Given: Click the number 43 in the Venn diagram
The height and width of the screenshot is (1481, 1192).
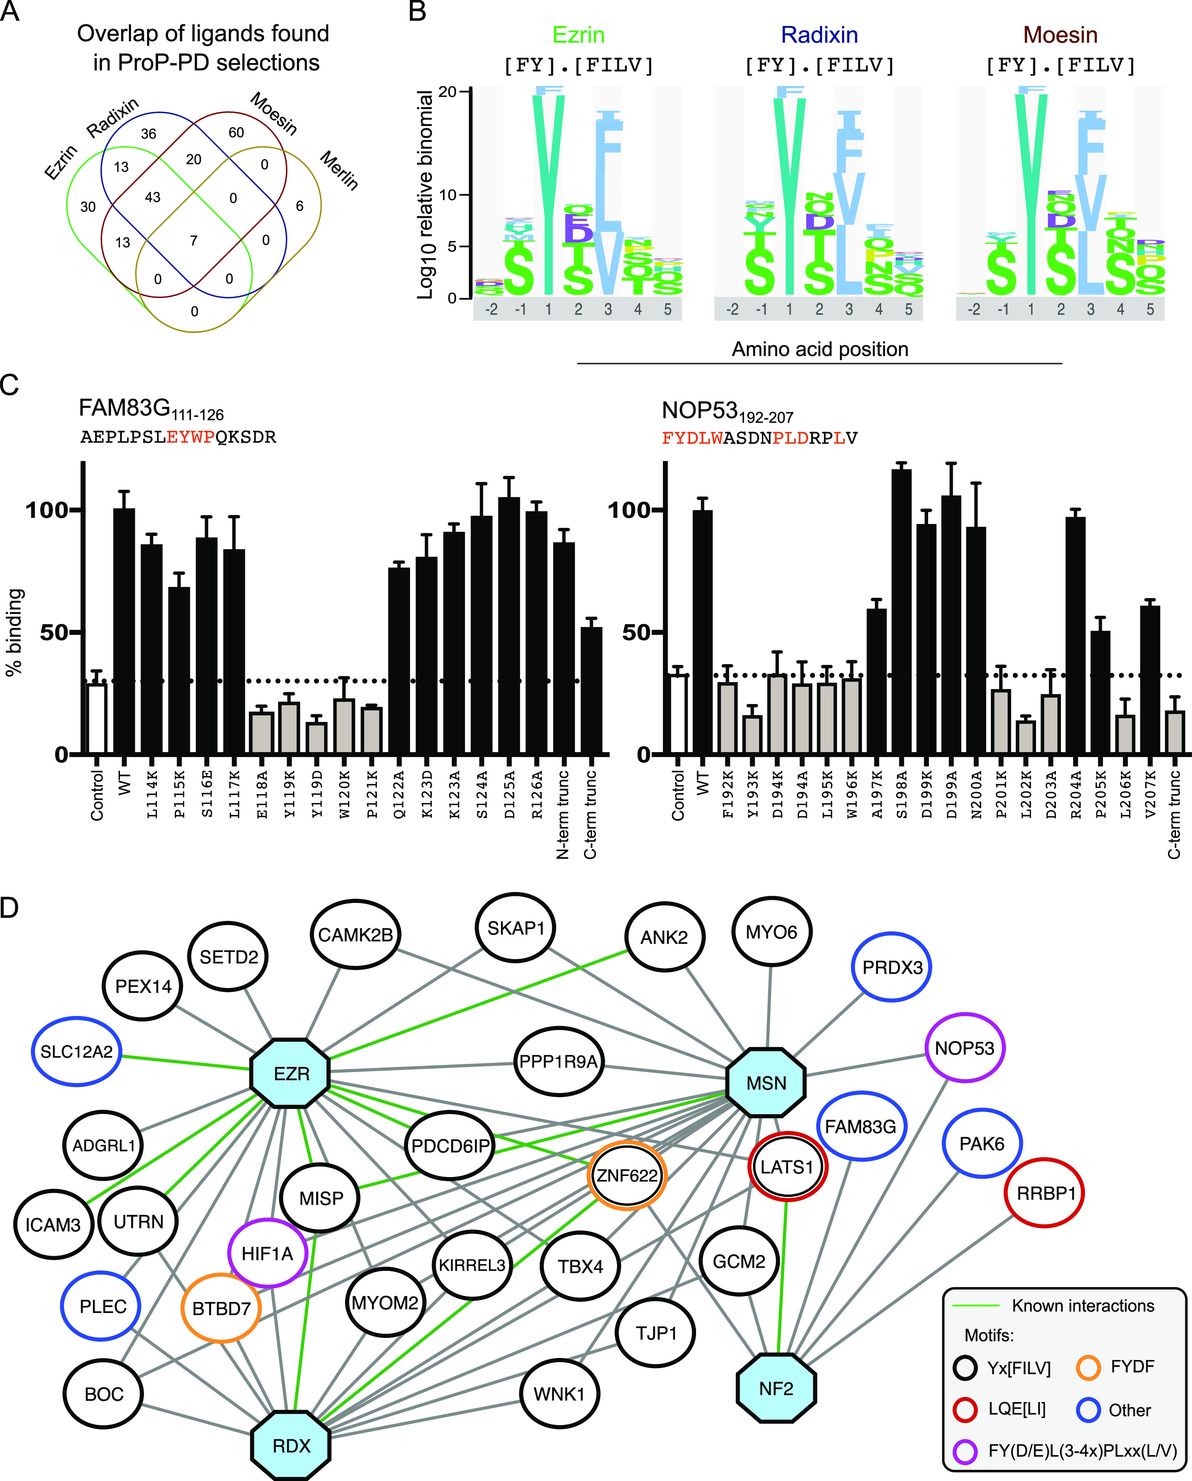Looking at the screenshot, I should [152, 197].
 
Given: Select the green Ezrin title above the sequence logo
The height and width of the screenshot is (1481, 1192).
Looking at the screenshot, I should [579, 35].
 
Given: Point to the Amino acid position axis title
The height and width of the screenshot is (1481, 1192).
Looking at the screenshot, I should [820, 350].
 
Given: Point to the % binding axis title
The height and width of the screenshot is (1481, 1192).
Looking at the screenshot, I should [15, 632].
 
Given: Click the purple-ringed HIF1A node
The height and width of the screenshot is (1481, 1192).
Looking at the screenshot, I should [267, 1254].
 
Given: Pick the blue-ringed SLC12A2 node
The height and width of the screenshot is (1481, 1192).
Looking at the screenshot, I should [76, 1052].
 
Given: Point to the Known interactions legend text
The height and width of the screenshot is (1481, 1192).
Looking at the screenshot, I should [1083, 1306].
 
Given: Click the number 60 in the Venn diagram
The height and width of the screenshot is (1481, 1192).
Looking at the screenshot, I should [236, 132].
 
